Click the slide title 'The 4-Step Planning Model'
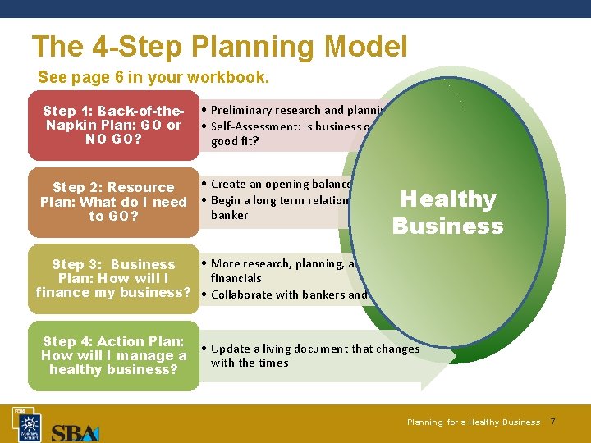coord(219,47)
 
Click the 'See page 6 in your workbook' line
coord(153,78)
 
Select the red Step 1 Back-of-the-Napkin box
coord(112,125)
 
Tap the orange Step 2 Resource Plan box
coord(114,202)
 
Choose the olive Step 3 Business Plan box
coord(113,279)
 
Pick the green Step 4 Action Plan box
coord(114,356)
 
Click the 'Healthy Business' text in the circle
coord(447,212)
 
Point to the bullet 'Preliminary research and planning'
coord(295,110)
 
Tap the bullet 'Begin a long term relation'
coord(279,200)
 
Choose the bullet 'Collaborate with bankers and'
coord(288,295)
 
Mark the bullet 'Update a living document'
coord(314,349)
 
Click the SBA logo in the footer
coord(75,432)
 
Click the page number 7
coord(552,422)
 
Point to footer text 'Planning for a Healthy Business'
coord(473,422)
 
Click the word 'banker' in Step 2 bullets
coord(229,215)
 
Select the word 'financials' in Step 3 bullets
coord(236,278)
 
